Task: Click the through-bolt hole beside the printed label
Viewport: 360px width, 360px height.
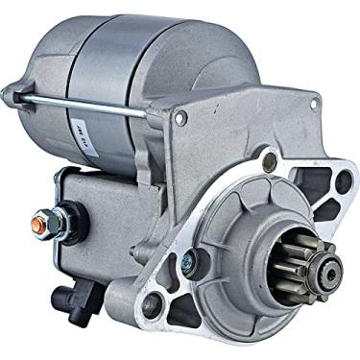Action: pyautogui.click(x=180, y=118)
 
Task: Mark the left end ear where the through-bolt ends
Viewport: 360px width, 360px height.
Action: pyautogui.click(x=13, y=93)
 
